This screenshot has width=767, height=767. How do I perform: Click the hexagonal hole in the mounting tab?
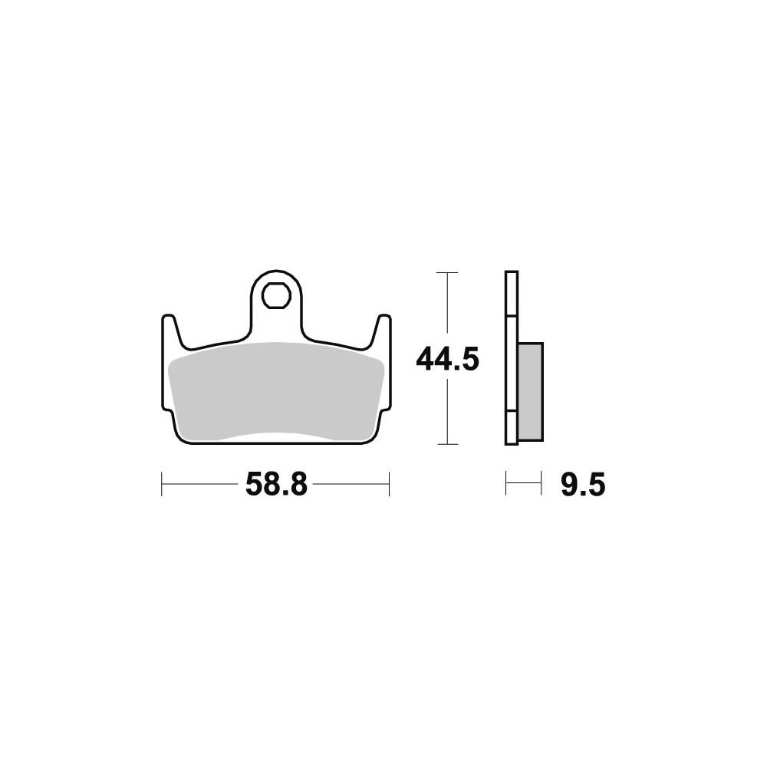[276, 295]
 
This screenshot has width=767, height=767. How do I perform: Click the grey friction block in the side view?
[530, 392]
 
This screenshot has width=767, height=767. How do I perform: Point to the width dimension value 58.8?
[276, 485]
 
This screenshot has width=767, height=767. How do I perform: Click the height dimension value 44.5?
[447, 360]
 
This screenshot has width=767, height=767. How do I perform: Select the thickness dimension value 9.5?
[583, 485]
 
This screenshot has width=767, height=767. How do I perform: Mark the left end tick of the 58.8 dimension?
[161, 484]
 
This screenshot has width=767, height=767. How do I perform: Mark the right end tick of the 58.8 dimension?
[389, 484]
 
